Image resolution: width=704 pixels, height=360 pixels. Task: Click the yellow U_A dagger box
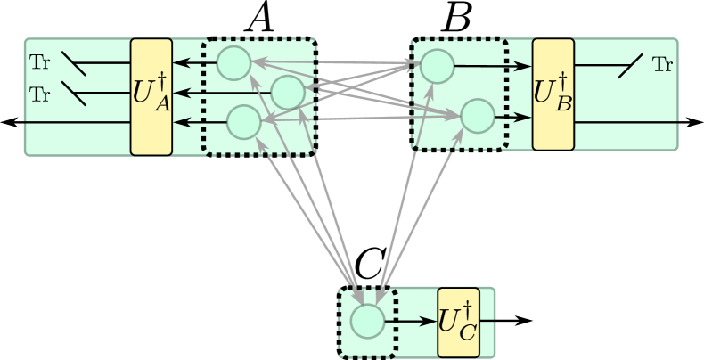pyautogui.click(x=151, y=96)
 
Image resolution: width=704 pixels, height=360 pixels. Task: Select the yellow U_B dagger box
pyautogui.click(x=553, y=94)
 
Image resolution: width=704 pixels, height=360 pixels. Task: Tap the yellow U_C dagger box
pyautogui.click(x=458, y=322)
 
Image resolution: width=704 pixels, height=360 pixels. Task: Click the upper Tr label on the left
pyautogui.click(x=40, y=62)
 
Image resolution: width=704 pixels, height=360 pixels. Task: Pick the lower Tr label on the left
pyautogui.click(x=40, y=94)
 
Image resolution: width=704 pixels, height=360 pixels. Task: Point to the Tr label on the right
pyautogui.click(x=662, y=64)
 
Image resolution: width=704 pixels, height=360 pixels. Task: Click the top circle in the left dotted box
pyautogui.click(x=234, y=62)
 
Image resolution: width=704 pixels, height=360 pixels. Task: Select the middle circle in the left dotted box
pyautogui.click(x=288, y=92)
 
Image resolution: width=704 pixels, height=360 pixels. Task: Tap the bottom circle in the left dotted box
pyautogui.click(x=243, y=122)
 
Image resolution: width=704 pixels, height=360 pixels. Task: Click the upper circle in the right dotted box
pyautogui.click(x=438, y=65)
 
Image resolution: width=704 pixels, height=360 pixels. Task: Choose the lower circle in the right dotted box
pyautogui.click(x=477, y=116)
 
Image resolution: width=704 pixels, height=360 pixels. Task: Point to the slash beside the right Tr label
pyautogui.click(x=631, y=65)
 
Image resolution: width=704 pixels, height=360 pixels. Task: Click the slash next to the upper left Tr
pyautogui.click(x=74, y=62)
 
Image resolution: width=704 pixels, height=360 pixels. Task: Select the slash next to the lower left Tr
pyautogui.click(x=74, y=94)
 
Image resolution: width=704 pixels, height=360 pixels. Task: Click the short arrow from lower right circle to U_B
pyautogui.click(x=512, y=117)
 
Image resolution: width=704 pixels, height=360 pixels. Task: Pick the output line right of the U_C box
pyautogui.click(x=487, y=321)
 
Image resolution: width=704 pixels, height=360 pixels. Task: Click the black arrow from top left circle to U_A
pyautogui.click(x=194, y=62)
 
